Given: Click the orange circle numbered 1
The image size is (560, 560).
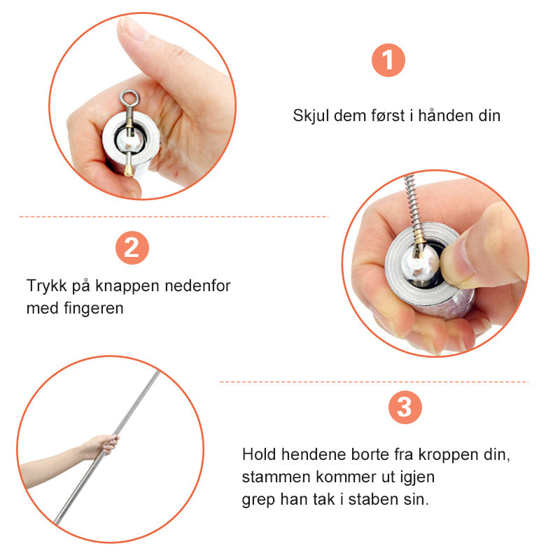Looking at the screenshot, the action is pos(388,60).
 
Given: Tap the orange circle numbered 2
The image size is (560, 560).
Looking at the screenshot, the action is pos(132,248).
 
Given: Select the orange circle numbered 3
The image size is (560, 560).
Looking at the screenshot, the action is pos(405,407).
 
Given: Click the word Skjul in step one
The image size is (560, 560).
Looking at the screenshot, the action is pos(311,116).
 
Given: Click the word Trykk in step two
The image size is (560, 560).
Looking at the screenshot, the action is pos(46,286).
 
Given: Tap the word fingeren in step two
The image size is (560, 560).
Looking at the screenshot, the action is pos(94,309).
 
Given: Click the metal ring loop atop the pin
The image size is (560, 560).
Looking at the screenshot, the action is pos(130,98).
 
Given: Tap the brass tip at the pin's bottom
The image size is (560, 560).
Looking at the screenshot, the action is pos(128,170).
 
